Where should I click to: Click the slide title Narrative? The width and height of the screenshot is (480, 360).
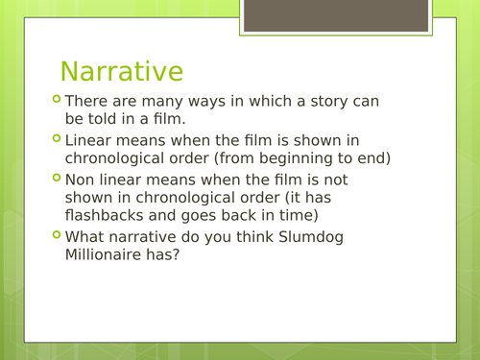121,71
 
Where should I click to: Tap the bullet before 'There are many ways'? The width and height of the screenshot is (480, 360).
56,99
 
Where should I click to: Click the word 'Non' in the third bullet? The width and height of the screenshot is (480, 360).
81,180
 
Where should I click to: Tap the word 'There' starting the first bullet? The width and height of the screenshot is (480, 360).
87,101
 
